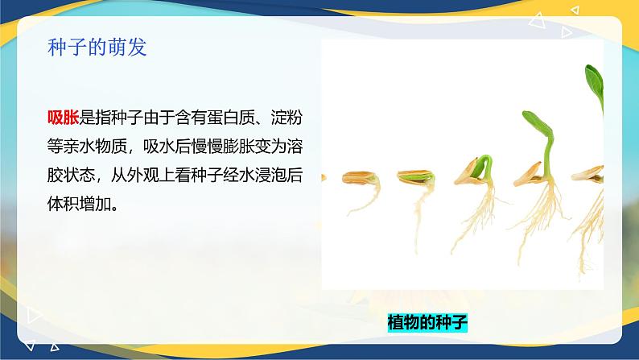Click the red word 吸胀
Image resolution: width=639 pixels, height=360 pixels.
pyautogui.click(x=63, y=118)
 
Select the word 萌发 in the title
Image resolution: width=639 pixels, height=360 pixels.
pyautogui.click(x=130, y=48)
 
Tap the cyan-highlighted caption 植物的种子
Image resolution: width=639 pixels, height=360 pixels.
pyautogui.click(x=427, y=322)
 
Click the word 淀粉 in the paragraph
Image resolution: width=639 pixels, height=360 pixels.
pyautogui.click(x=287, y=118)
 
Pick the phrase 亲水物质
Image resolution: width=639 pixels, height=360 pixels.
pyautogui.click(x=95, y=147)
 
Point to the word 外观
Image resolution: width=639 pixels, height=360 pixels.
pyautogui.click(x=143, y=176)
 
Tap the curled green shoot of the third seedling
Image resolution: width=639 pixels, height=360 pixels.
pyautogui.click(x=484, y=167)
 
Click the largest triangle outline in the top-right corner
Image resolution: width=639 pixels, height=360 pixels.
pyautogui.click(x=537, y=21)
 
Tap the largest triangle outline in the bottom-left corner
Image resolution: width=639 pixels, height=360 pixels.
pyautogui.click(x=34, y=315)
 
